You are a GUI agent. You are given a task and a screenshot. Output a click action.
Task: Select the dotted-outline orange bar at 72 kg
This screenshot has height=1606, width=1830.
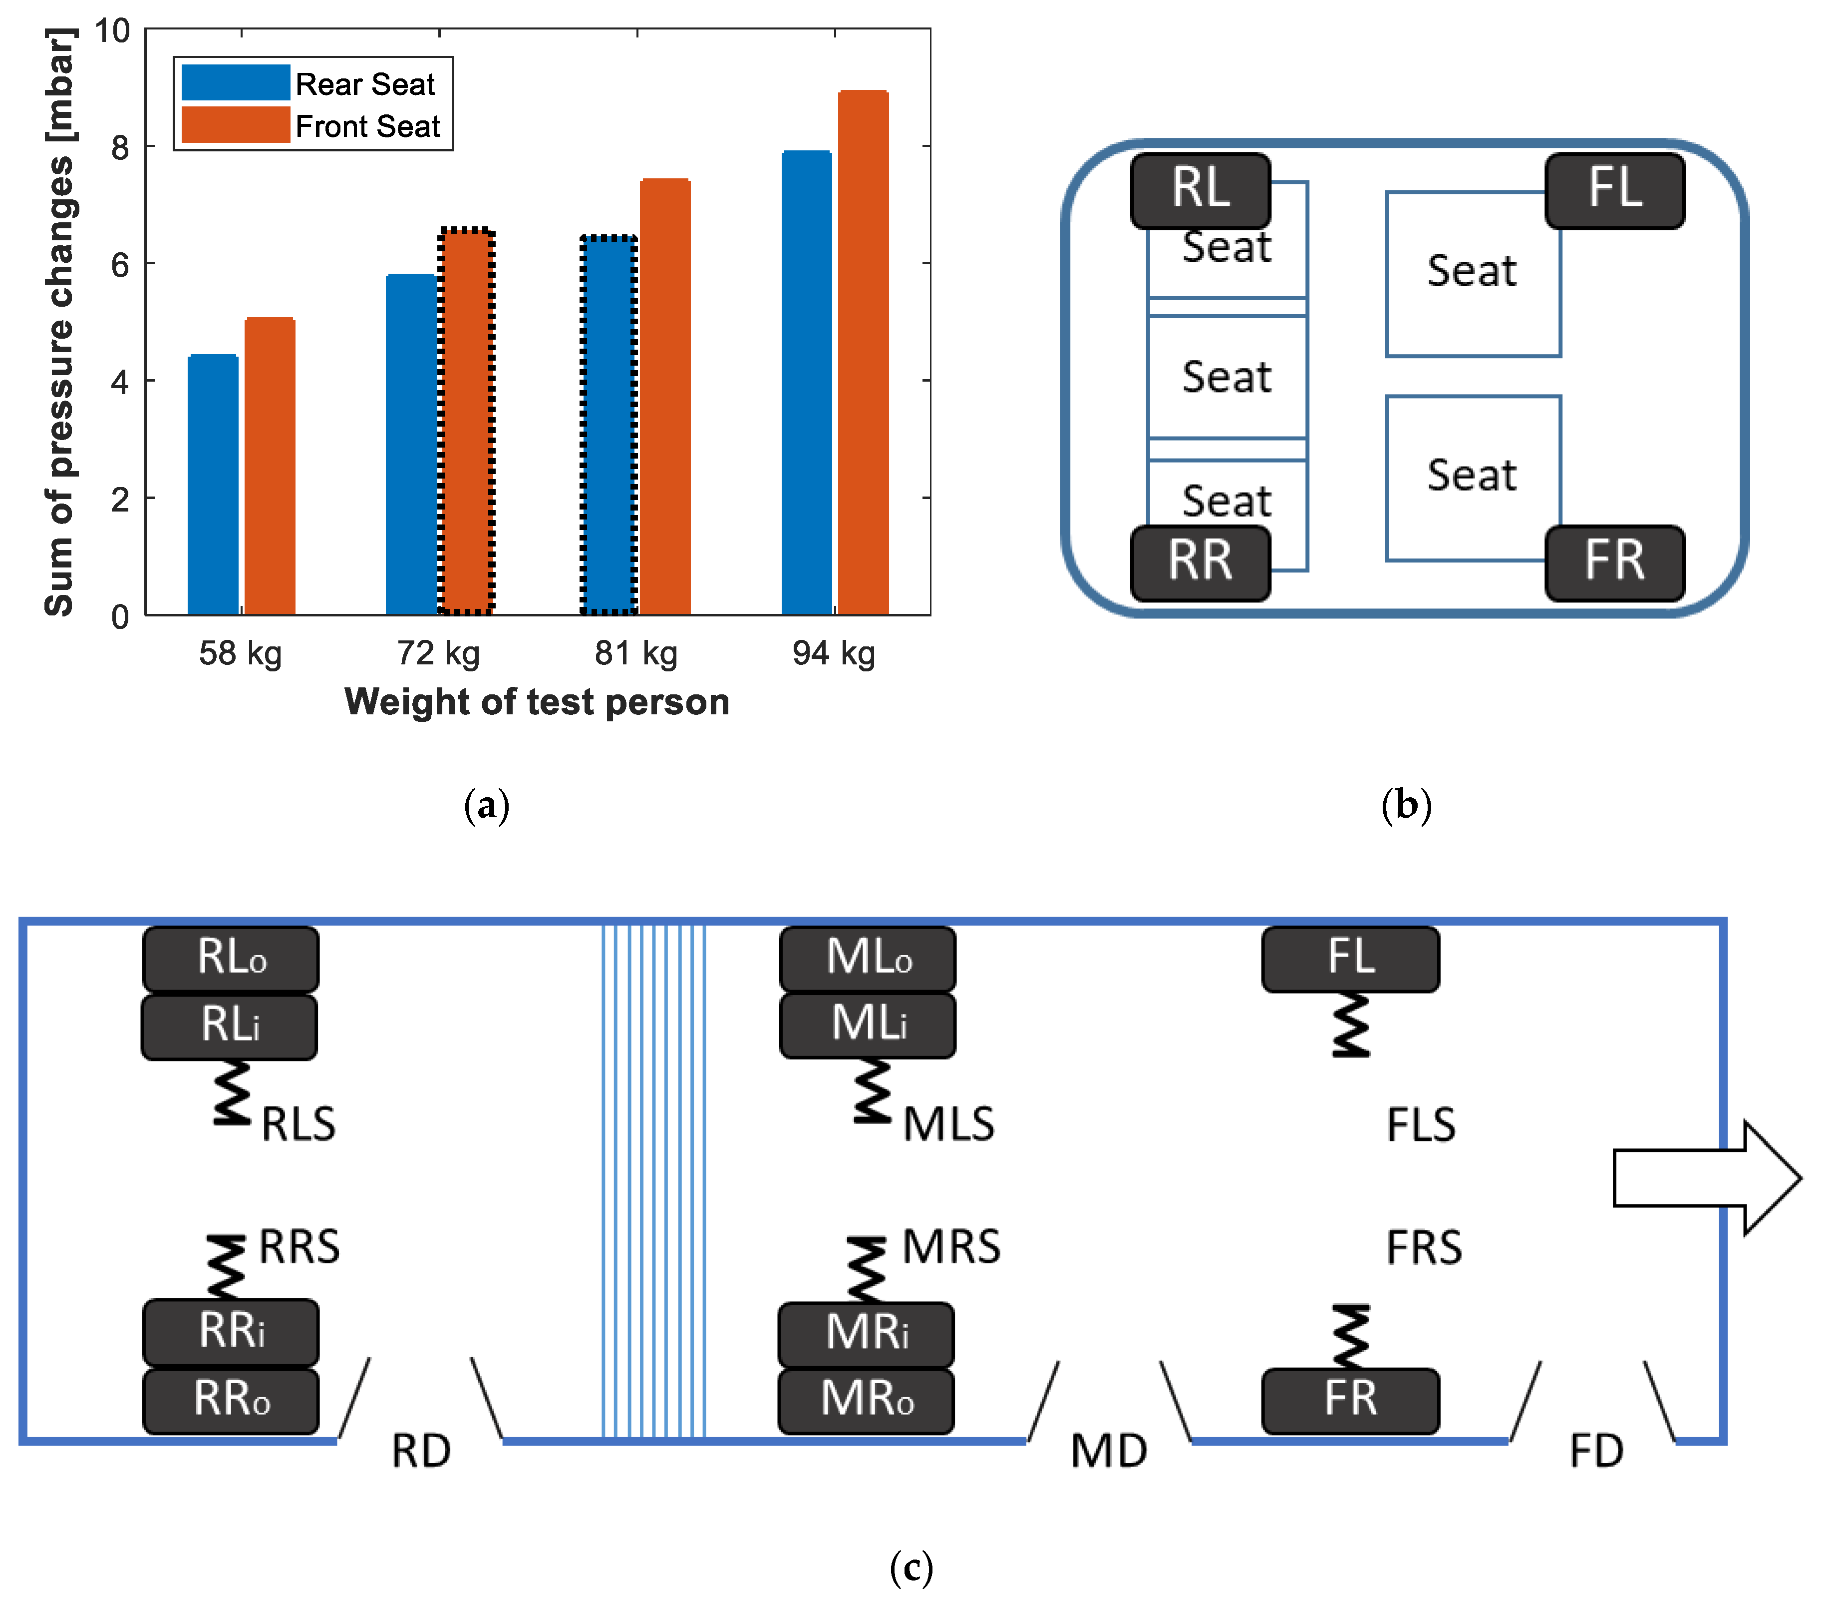(466, 421)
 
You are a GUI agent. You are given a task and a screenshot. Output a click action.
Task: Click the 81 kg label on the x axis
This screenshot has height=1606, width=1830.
(635, 653)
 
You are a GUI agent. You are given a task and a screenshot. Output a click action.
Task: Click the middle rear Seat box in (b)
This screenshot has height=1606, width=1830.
(1226, 376)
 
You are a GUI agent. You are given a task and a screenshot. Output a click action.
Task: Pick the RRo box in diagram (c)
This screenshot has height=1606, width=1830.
(231, 1399)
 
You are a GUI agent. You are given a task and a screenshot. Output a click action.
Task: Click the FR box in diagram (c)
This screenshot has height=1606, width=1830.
(1350, 1399)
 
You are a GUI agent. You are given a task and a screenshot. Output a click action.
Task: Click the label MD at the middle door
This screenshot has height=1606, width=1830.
(1108, 1450)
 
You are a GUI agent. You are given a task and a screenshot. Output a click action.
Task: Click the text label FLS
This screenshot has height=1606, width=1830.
(1421, 1125)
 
